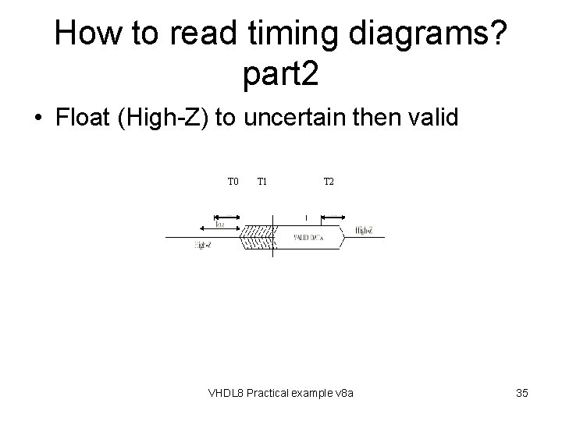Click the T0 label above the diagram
pyautogui.click(x=233, y=182)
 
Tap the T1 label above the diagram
pyautogui.click(x=263, y=182)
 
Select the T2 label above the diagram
pyautogui.click(x=329, y=182)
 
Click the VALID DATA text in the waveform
pyautogui.click(x=308, y=236)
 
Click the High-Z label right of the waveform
pyautogui.click(x=364, y=231)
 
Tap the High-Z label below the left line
pyautogui.click(x=202, y=246)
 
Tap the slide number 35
pyautogui.click(x=522, y=393)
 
